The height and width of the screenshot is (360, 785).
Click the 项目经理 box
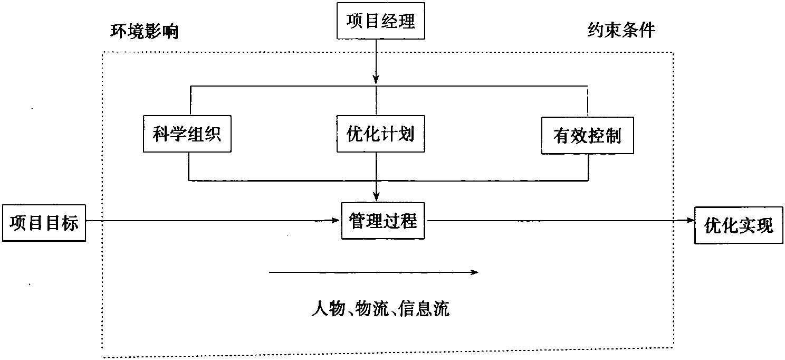380,21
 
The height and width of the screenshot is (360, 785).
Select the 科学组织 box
187,134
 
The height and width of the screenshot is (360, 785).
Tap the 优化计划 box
380,134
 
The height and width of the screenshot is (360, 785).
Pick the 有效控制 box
587,136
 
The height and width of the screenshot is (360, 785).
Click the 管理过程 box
383,221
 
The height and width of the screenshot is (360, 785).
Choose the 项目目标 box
44,223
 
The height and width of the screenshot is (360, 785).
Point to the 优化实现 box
739,225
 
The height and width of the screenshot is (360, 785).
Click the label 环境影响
145,32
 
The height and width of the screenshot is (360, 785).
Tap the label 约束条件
621,30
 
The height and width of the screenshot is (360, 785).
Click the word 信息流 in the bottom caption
424,309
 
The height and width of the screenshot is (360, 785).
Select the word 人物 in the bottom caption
328,309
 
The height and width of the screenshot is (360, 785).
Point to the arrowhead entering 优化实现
690,220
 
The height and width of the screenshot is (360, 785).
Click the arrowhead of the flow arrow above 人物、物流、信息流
474,272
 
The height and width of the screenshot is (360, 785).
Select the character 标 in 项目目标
70,223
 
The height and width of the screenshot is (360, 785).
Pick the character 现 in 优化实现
764,225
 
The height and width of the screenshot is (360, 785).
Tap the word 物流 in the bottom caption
372,309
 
